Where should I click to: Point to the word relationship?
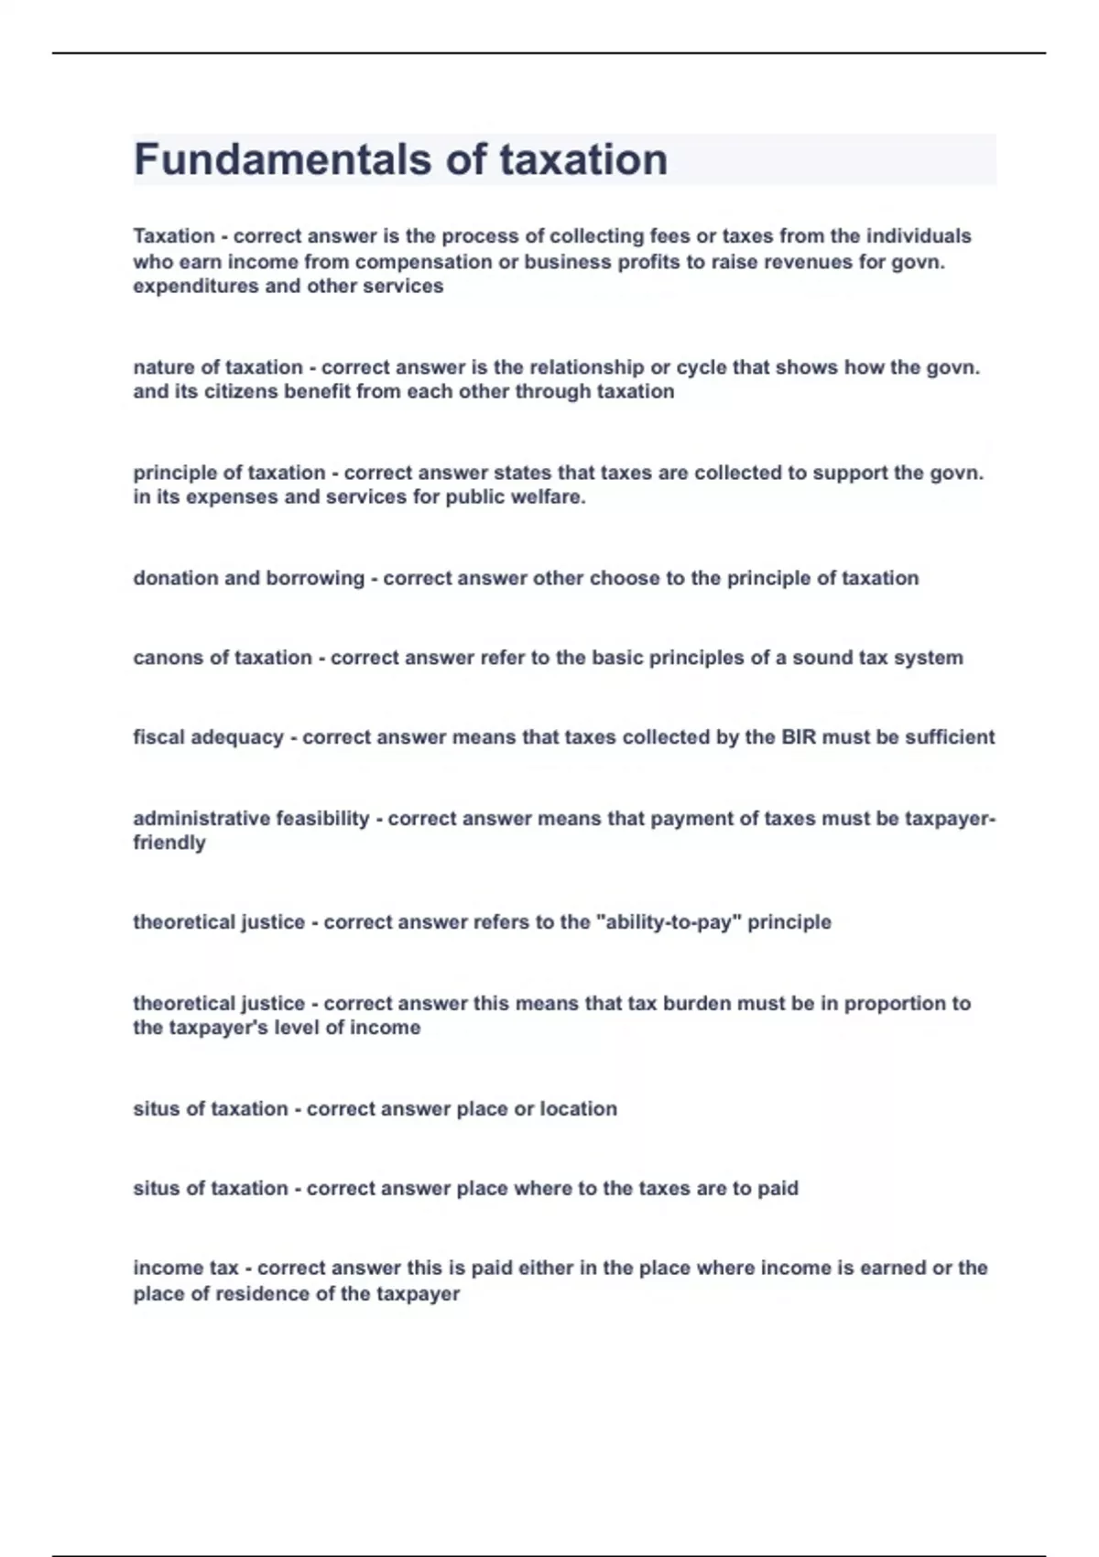click(589, 367)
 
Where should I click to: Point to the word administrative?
click(205, 819)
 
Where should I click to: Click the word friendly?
click(169, 844)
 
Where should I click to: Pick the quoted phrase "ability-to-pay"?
click(668, 922)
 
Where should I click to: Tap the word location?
click(578, 1109)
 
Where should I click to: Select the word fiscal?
click(158, 737)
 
